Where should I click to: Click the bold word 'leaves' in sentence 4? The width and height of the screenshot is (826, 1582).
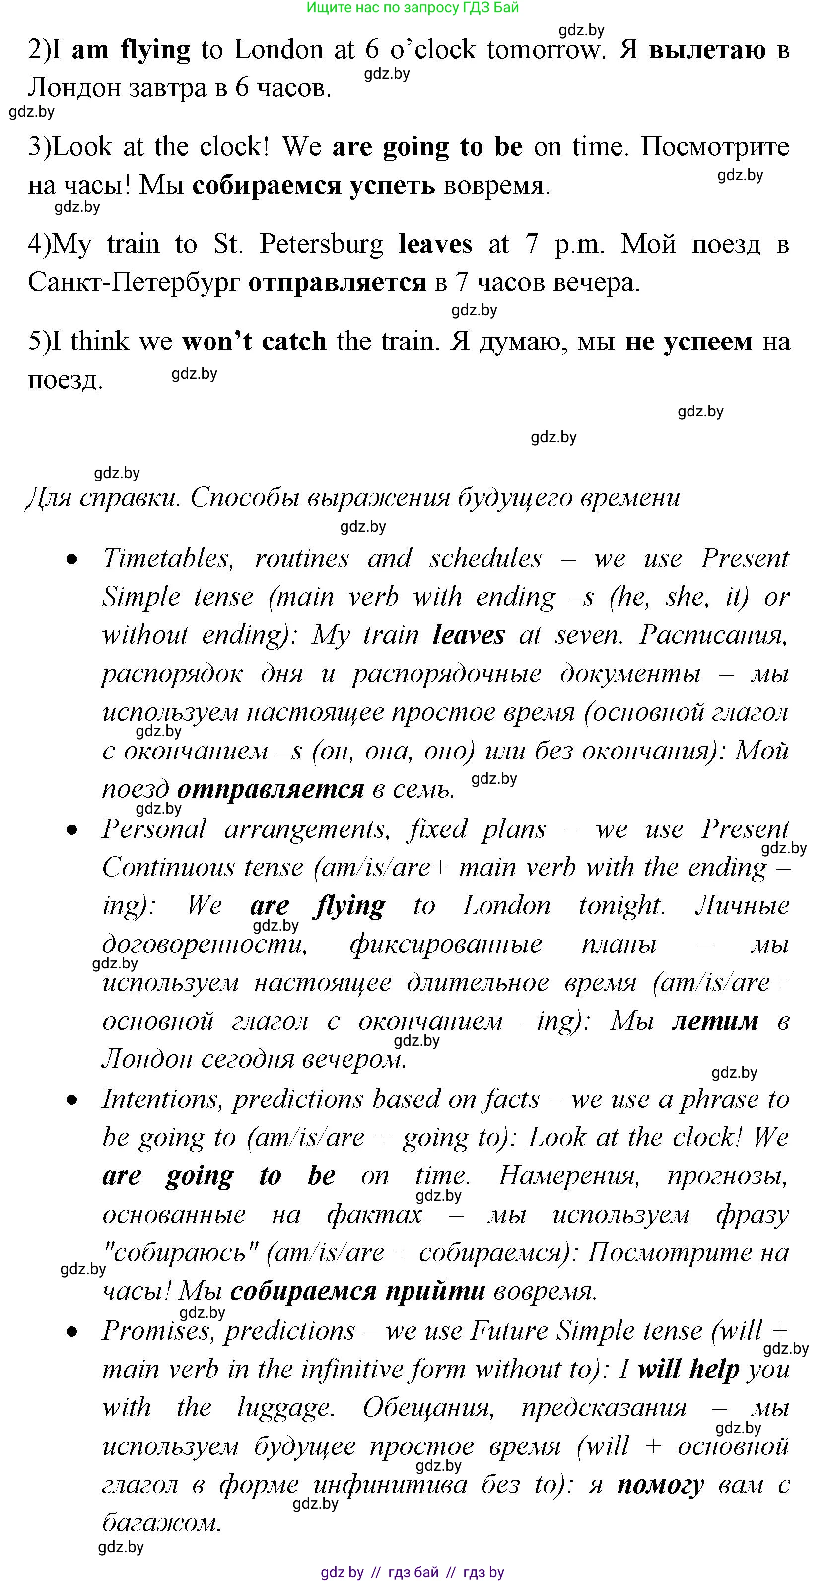(435, 244)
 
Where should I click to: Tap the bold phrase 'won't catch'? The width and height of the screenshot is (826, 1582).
(254, 342)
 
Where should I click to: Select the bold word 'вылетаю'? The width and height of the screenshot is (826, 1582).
(707, 50)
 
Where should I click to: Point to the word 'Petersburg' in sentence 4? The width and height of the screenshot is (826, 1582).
(321, 244)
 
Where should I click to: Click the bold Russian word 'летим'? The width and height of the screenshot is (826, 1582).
(715, 1020)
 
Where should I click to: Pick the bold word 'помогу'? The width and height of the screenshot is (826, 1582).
(660, 1484)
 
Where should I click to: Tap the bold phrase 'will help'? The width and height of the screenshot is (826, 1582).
(688, 1369)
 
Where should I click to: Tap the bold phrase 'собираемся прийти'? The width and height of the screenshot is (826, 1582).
(357, 1291)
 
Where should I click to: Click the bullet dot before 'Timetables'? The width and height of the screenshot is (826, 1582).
(72, 560)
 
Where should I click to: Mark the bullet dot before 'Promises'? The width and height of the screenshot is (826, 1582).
(72, 1332)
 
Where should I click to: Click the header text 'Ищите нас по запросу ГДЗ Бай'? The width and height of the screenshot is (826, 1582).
(413, 8)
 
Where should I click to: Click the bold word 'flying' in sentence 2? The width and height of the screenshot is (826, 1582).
(155, 50)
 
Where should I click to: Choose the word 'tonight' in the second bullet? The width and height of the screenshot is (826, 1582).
(621, 906)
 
